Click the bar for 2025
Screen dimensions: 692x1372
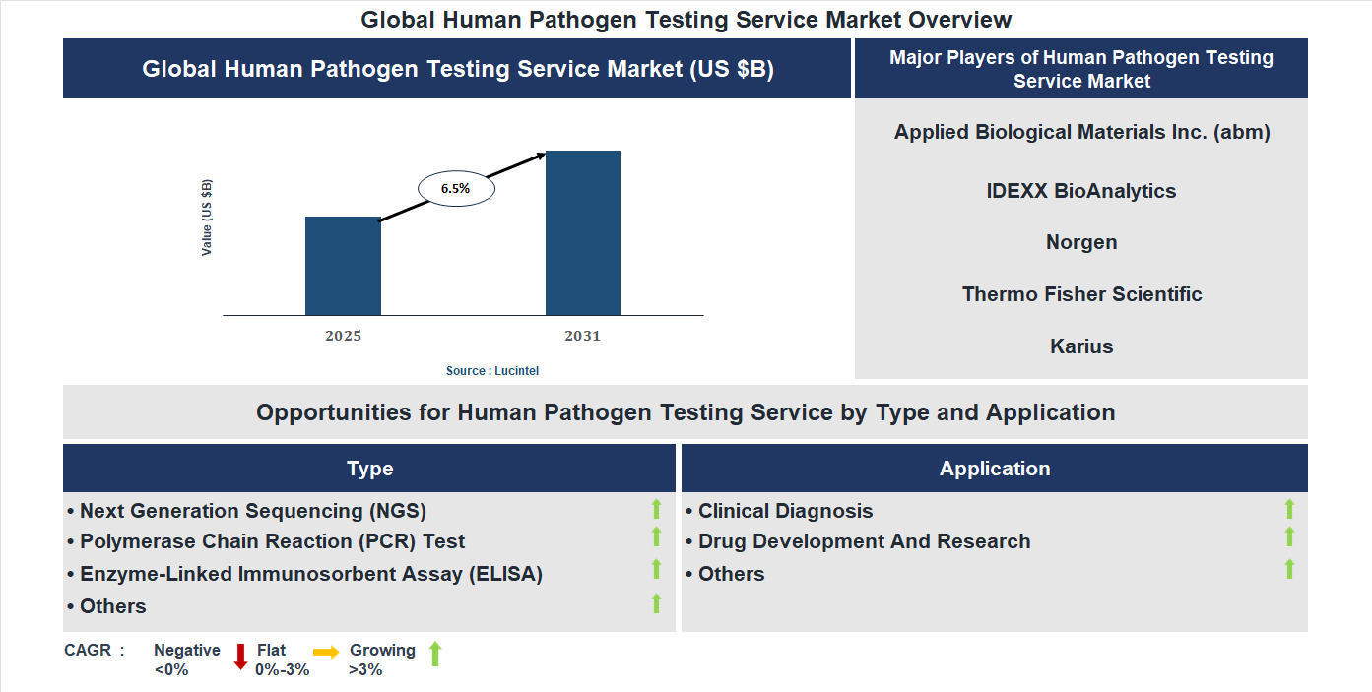coord(343,266)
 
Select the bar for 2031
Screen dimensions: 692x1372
coord(583,233)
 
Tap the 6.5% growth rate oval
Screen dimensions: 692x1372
coord(456,188)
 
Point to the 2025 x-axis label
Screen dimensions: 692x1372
coord(343,336)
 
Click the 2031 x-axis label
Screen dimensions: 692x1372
coord(582,336)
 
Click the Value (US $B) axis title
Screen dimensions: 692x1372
coord(207,218)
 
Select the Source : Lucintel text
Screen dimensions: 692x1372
coord(492,371)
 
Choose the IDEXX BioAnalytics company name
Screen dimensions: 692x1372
coord(1080,191)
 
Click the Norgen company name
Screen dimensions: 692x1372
coord(1080,242)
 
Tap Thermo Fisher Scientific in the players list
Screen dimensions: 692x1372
coord(1080,294)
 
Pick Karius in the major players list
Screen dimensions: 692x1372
coord(1080,346)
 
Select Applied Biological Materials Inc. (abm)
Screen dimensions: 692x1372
coord(1080,132)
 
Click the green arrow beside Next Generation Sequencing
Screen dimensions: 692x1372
coord(656,509)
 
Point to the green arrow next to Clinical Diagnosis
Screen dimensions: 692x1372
coord(1289,509)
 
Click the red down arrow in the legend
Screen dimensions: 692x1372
coord(240,657)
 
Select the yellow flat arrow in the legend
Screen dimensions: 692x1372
coord(326,652)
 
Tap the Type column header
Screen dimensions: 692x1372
coord(369,469)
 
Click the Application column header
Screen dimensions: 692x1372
coord(994,469)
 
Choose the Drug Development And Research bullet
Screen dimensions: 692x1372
coord(863,541)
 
